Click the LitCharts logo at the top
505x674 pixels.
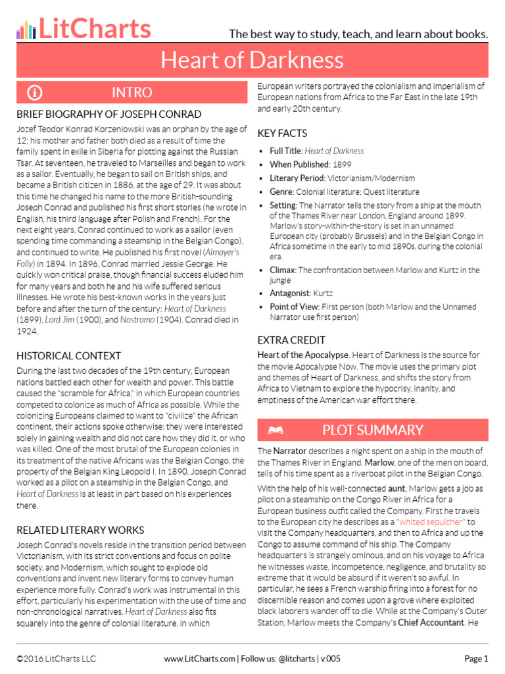point(84,28)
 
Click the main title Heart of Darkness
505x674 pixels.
point(252,61)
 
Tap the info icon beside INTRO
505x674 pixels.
point(35,92)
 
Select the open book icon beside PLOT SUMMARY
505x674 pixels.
point(276,430)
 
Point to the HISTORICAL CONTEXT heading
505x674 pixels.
point(69,355)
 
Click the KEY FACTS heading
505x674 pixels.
point(282,133)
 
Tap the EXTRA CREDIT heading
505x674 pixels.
point(291,340)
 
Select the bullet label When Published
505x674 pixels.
point(299,164)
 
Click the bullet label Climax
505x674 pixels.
point(283,270)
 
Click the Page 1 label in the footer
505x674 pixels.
point(476,658)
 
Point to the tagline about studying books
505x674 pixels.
point(358,34)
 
